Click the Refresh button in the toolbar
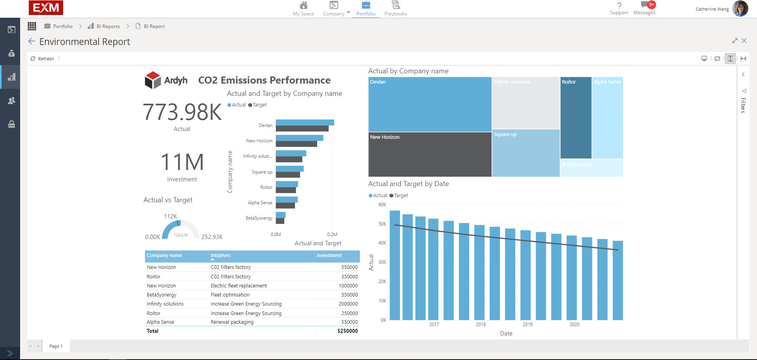click(43, 59)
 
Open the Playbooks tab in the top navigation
click(395, 9)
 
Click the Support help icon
click(619, 8)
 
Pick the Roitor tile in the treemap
click(576, 118)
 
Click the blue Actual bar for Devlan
click(305, 123)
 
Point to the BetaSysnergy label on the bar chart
click(259, 218)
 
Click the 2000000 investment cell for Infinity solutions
click(348, 304)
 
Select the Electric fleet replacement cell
click(239, 286)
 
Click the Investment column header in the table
click(329, 256)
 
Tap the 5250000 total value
click(347, 331)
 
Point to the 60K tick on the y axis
click(382, 205)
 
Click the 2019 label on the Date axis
click(527, 325)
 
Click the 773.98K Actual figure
click(182, 112)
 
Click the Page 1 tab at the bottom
click(56, 346)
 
